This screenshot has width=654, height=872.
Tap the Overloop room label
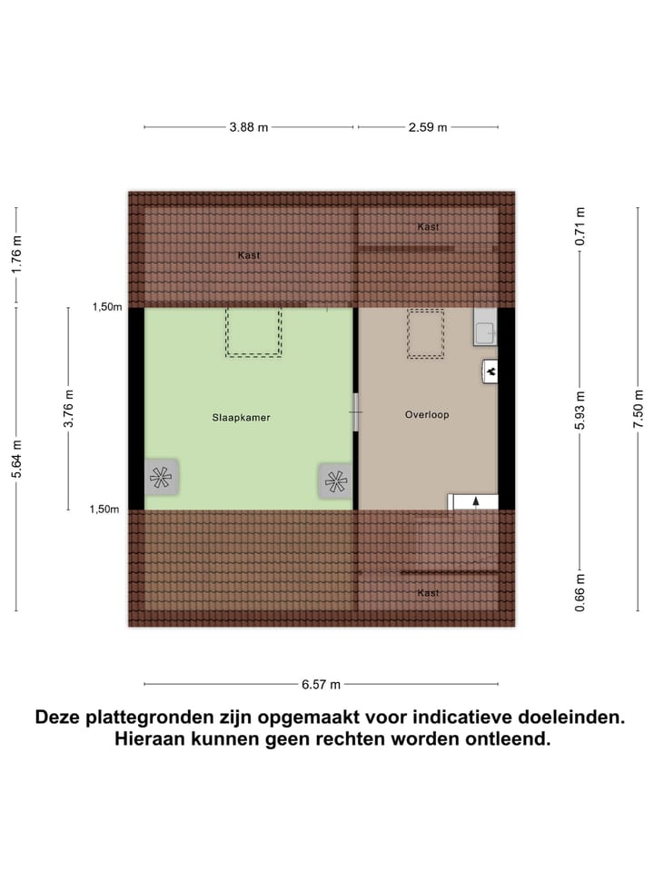(427, 415)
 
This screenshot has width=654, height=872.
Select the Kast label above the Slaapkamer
(248, 255)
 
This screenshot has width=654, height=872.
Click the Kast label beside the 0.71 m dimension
(428, 226)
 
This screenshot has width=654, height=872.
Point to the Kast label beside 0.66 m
(428, 593)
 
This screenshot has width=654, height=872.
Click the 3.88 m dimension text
(248, 127)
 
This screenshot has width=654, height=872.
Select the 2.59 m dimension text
(427, 127)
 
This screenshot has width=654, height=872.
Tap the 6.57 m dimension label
(321, 684)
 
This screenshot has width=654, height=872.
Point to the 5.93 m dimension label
(581, 409)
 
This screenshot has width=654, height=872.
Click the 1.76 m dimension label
(17, 256)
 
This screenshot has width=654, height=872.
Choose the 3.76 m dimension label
(69, 409)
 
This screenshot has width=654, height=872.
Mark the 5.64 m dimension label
(17, 460)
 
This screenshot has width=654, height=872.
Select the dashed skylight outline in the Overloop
(425, 333)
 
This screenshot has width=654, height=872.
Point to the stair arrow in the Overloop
(474, 501)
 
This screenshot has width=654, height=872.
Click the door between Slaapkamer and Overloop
(356, 412)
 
